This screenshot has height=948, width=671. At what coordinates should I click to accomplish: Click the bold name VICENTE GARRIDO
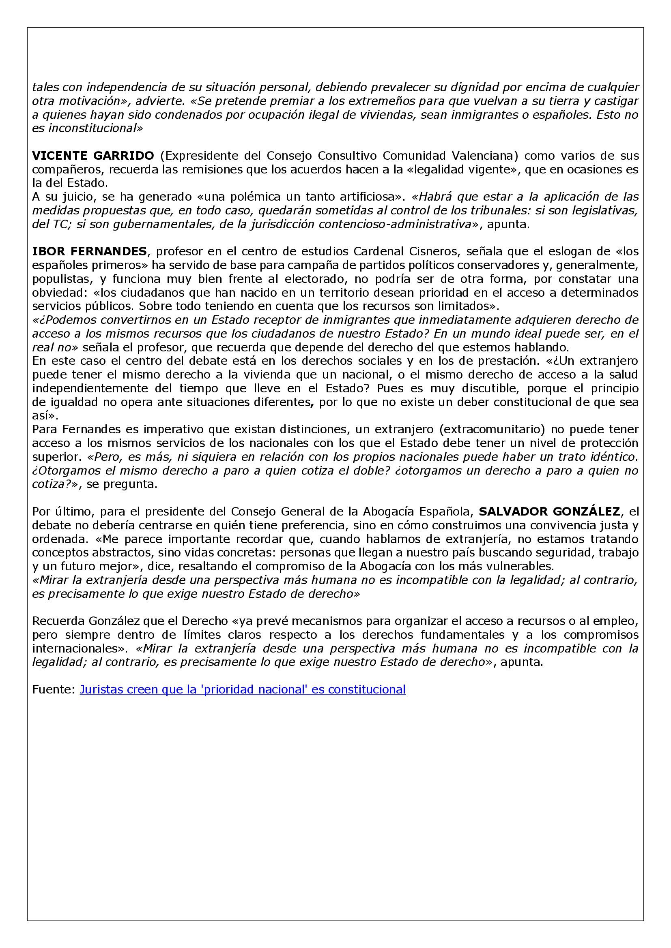click(x=93, y=156)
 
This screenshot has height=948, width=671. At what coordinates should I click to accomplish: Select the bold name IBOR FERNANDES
click(x=89, y=251)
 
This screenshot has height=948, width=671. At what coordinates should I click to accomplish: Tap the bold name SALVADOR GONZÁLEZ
click(x=549, y=511)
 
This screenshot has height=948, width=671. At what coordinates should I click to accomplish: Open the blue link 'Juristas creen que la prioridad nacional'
click(x=243, y=689)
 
